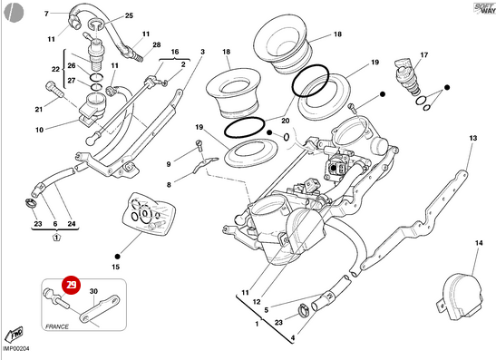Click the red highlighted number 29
click(x=69, y=284)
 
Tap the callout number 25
click(x=128, y=16)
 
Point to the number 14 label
click(x=479, y=244)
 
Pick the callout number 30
click(x=93, y=292)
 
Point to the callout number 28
click(x=156, y=44)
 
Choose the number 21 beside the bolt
click(x=39, y=110)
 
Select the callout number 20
click(x=285, y=120)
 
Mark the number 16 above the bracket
click(x=175, y=53)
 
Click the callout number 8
click(x=168, y=184)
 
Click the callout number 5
click(x=266, y=310)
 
